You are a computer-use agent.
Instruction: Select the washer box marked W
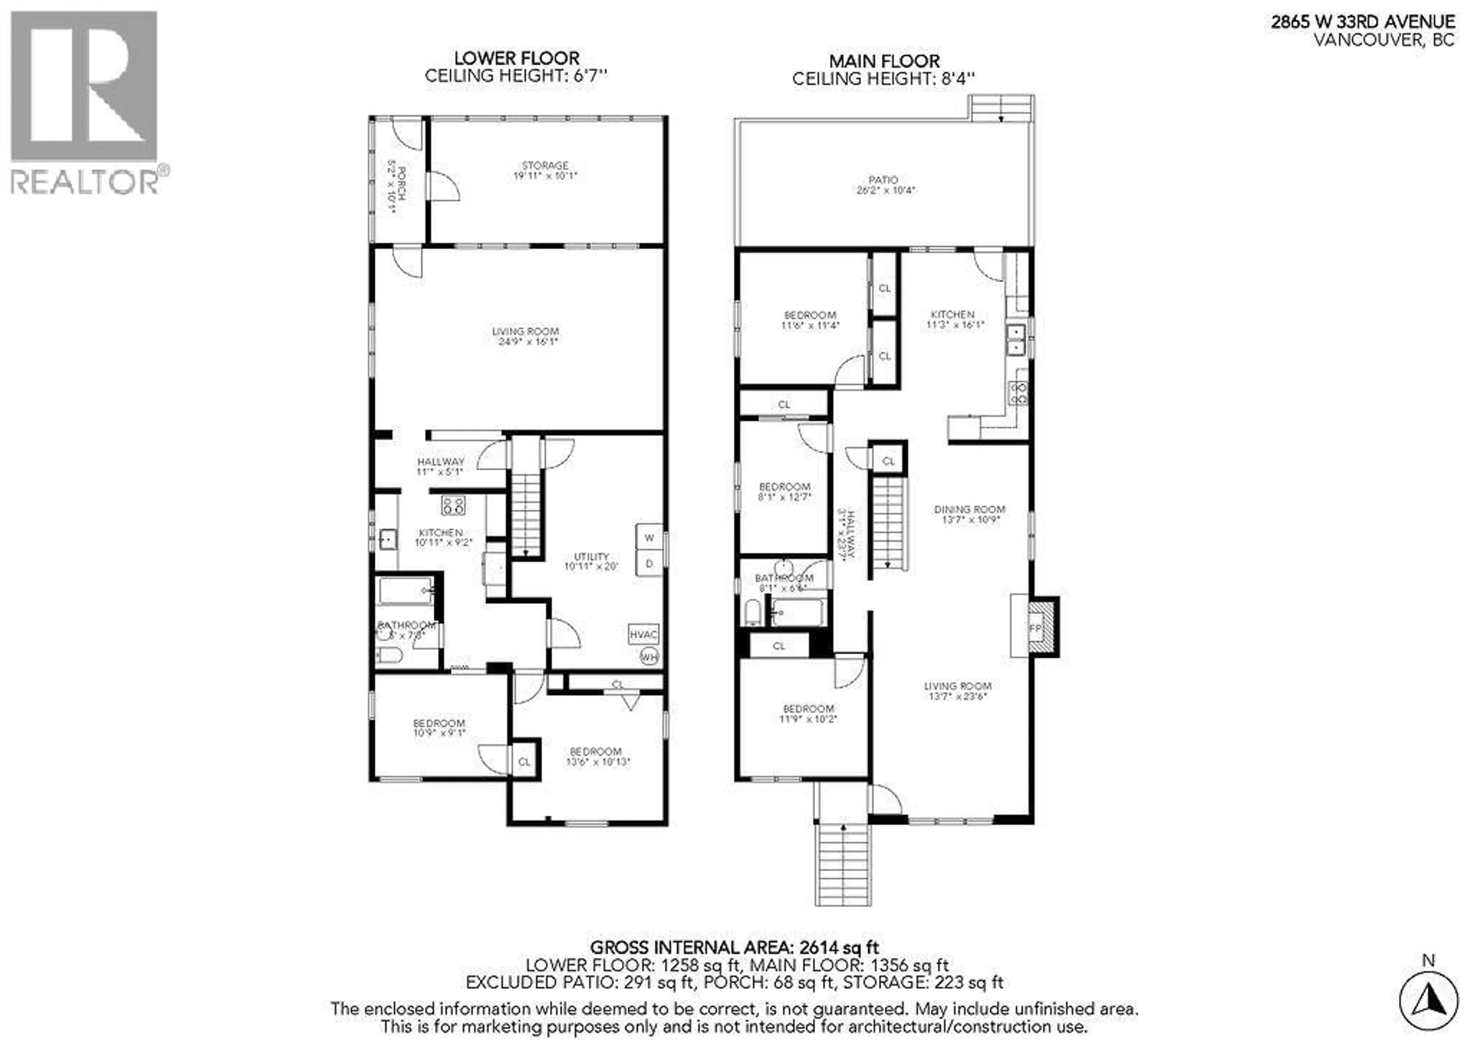(x=649, y=538)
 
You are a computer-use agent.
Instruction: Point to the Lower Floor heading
(x=516, y=58)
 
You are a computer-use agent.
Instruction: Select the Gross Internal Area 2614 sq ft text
(x=734, y=947)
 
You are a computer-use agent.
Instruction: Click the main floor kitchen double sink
(x=1017, y=340)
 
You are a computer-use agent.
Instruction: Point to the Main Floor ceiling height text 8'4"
(x=884, y=79)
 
